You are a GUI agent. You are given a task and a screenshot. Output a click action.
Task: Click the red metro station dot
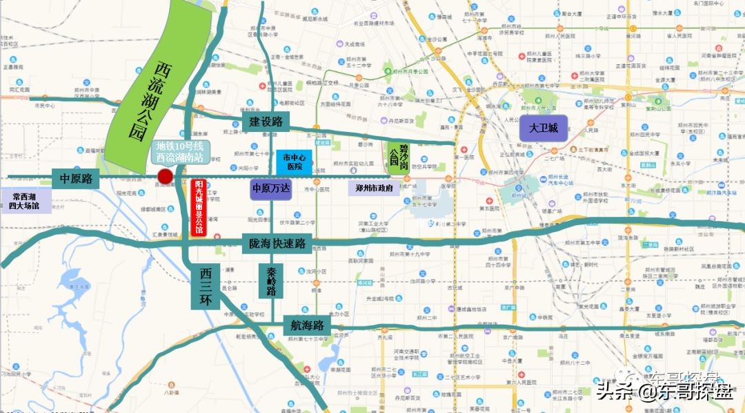pos(165,177)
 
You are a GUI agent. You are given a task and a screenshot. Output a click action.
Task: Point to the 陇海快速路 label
pos(278,243)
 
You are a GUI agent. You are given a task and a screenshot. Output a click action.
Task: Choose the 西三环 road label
pos(205,287)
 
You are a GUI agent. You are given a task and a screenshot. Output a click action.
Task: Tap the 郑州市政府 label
pos(373,188)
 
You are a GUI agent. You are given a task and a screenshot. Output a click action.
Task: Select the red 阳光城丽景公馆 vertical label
pos(199,207)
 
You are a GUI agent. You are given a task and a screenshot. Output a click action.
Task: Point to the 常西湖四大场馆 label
pos(24,201)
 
